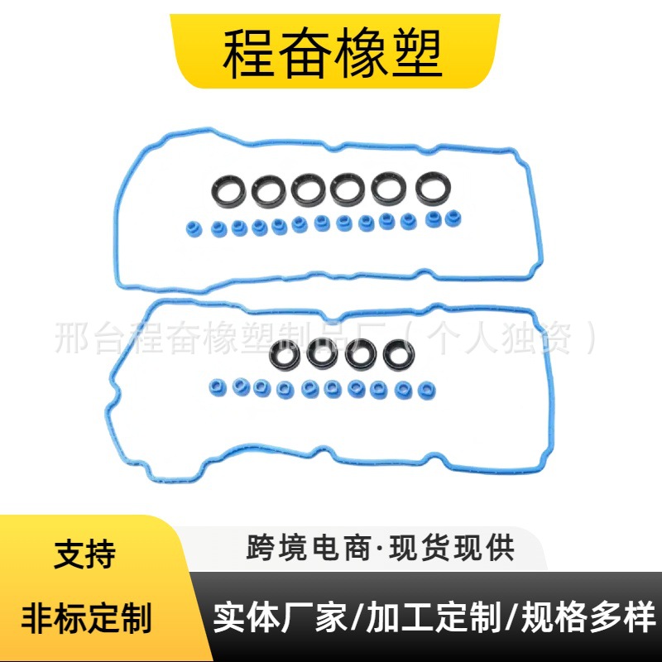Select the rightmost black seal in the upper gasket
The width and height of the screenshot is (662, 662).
429,189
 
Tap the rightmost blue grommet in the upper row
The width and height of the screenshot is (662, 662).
452,219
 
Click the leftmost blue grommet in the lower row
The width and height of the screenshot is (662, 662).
219,386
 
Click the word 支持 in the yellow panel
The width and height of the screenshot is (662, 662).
84,554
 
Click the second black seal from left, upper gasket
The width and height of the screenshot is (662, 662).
268,191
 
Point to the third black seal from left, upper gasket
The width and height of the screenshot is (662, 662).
308,191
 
